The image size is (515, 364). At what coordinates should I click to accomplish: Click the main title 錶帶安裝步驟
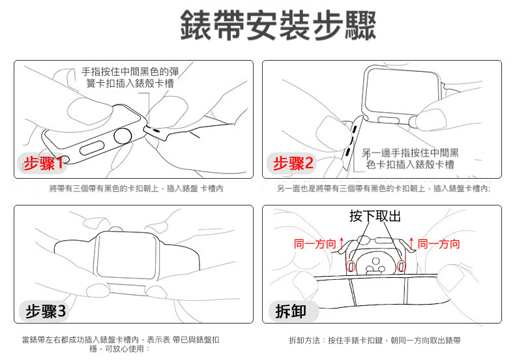[278, 25]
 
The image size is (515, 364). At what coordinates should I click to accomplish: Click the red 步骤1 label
[44, 163]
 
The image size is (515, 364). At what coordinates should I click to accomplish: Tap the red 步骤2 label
[293, 163]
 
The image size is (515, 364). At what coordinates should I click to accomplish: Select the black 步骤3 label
[46, 311]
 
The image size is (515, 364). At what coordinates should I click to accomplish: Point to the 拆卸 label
[291, 311]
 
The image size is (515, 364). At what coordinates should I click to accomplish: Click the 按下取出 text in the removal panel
[375, 216]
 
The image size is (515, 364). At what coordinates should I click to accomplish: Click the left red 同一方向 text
[315, 244]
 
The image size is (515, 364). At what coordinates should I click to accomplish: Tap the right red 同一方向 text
[439, 244]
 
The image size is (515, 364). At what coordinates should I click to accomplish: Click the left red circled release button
[351, 266]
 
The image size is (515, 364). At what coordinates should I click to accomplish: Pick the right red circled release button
[401, 266]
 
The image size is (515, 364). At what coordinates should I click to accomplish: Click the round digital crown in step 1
[123, 136]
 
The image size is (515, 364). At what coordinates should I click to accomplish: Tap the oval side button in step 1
[92, 148]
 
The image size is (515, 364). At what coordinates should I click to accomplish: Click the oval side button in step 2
[389, 120]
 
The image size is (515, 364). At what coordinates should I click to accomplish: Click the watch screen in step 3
[125, 255]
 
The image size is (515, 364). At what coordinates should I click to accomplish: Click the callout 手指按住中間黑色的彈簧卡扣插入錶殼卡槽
[130, 78]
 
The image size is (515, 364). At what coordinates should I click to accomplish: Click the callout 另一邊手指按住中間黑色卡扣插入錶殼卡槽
[410, 159]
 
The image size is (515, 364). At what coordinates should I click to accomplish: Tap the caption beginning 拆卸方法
[375, 341]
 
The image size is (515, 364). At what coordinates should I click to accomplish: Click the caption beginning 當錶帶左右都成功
[121, 344]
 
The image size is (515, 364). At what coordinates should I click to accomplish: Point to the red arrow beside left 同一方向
[342, 243]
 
